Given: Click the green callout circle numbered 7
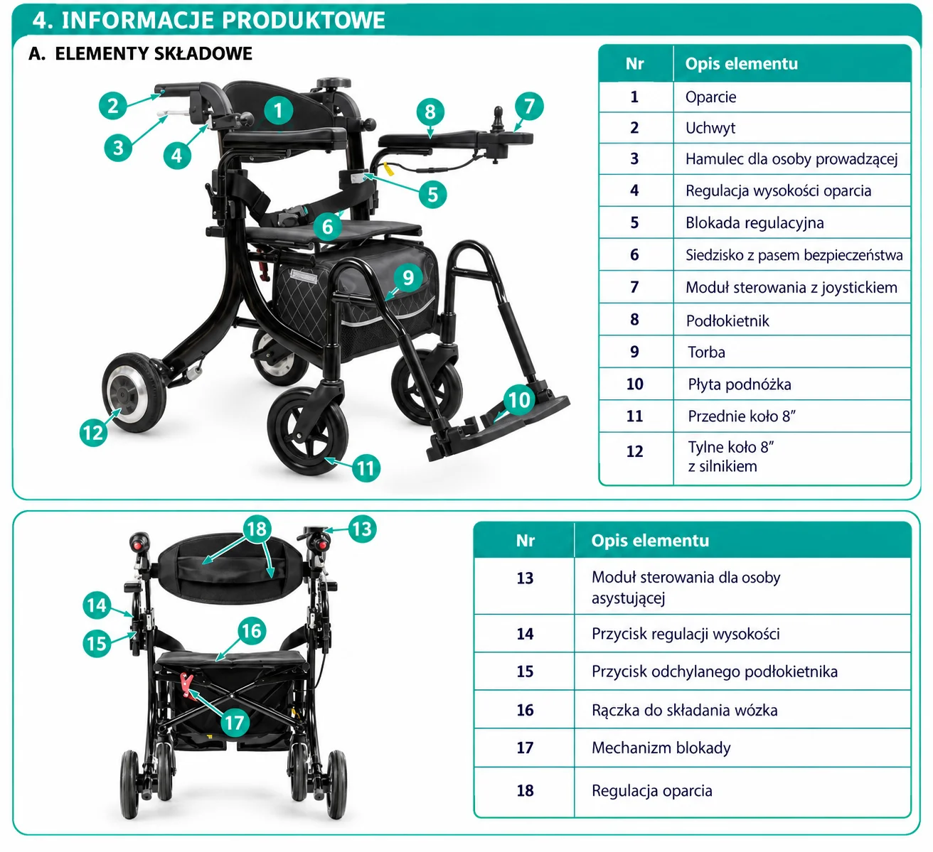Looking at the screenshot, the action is [x=529, y=107].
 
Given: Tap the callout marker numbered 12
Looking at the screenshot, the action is [x=93, y=433].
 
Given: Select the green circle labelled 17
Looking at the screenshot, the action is [x=235, y=723].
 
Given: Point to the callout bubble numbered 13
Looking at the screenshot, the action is [x=362, y=529].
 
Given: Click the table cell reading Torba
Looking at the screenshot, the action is [x=706, y=352].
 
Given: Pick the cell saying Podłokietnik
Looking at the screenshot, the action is [x=727, y=320].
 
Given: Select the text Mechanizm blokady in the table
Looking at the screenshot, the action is [x=661, y=748].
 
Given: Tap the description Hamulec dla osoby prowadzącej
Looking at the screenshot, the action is [x=791, y=159].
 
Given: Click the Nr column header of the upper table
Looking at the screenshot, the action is [x=634, y=64].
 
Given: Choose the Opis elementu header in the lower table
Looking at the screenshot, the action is [x=650, y=540].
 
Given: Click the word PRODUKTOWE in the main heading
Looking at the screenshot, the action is [x=303, y=20].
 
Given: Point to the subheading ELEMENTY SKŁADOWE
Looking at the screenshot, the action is [x=154, y=53].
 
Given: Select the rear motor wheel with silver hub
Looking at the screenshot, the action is [x=134, y=392].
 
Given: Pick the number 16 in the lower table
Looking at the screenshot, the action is [x=525, y=710].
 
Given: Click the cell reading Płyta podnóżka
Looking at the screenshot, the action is [x=739, y=384].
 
